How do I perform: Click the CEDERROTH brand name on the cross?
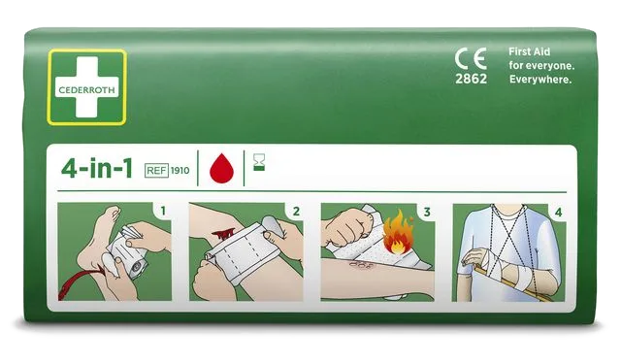(x=86, y=90)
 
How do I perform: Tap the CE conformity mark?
(x=471, y=58)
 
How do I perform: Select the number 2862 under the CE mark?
(x=471, y=79)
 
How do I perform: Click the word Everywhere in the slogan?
(x=540, y=80)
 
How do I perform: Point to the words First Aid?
(x=529, y=51)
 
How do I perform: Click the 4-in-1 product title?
(x=97, y=168)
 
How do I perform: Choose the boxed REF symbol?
(x=156, y=171)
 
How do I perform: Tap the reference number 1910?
(x=180, y=171)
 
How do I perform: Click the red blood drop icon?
(x=222, y=168)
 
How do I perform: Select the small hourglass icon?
(x=259, y=163)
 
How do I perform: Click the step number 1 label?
(x=163, y=211)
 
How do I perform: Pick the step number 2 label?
(x=296, y=212)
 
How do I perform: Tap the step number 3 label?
(x=427, y=213)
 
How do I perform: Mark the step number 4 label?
(x=559, y=213)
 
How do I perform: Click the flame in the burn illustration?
(x=398, y=233)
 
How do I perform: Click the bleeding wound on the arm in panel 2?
(x=223, y=236)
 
